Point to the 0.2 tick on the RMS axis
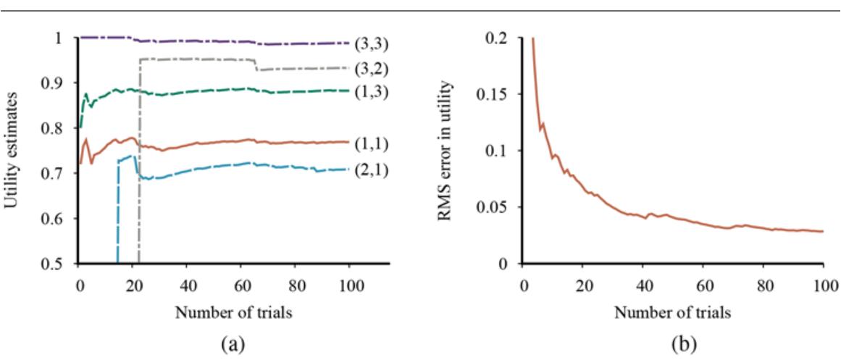pos(496,37)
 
